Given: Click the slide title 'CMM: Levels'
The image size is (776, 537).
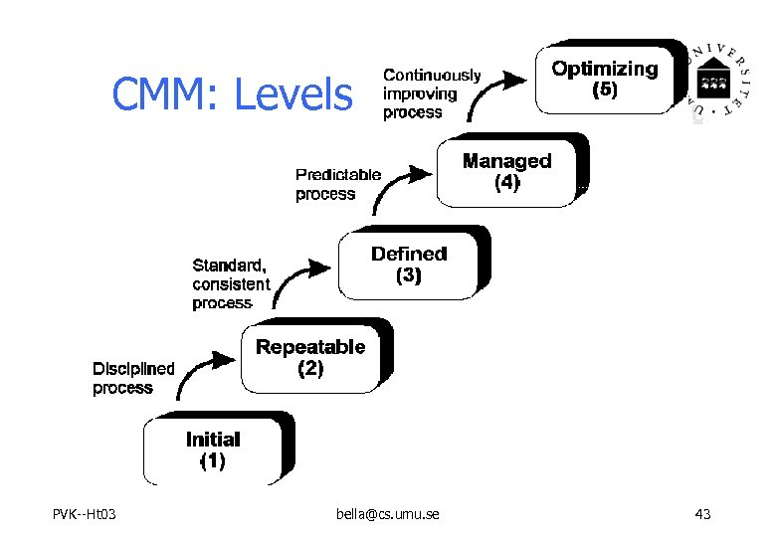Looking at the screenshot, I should tap(232, 95).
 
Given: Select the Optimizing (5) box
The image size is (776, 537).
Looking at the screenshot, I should tap(605, 79).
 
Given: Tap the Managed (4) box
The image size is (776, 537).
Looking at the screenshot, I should tap(506, 171).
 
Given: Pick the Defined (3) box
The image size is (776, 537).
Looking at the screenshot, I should tap(409, 265).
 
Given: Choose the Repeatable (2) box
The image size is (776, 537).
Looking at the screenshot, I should tap(310, 357).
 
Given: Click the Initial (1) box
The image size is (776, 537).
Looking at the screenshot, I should tap(213, 449).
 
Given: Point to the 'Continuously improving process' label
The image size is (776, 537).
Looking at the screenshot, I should tap(432, 93).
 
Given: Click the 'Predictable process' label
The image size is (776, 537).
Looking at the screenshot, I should tap(338, 184).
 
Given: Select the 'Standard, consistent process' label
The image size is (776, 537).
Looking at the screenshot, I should tap(231, 284).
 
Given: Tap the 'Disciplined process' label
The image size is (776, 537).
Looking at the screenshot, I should tap(133, 378).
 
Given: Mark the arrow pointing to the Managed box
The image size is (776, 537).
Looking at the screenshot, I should tap(398, 186).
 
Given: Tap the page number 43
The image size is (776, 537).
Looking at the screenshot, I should tap(703, 514).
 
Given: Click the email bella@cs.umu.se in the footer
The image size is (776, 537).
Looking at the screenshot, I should tap(388, 514).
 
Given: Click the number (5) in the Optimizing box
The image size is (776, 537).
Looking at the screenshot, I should tap(605, 89).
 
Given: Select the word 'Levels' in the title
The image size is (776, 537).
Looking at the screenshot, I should tap(292, 95).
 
